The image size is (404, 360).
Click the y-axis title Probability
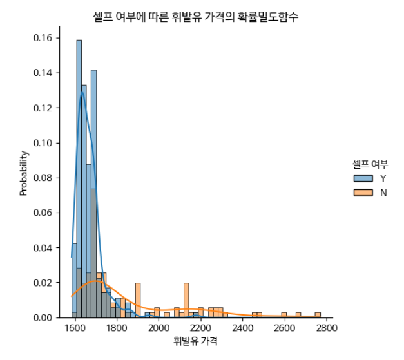click(24, 173)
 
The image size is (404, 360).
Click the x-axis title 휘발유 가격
click(195, 341)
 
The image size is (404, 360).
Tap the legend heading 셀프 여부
click(369, 164)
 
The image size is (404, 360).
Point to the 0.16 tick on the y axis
click(43, 37)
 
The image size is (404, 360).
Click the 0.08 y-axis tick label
click(43, 178)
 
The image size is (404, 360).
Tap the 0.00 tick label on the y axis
click(43, 317)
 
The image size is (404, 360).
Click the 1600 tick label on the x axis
click(75, 327)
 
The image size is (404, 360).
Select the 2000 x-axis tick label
click(159, 327)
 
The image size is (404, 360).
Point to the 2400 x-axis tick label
click(242, 327)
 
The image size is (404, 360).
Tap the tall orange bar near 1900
click(137, 300)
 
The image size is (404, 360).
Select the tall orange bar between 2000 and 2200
click(186, 300)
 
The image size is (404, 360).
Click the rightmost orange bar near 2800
click(318, 315)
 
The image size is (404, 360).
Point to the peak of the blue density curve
click(82, 92)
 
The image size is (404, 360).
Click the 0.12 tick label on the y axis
click(43, 108)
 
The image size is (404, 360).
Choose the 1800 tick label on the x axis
click(117, 327)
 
